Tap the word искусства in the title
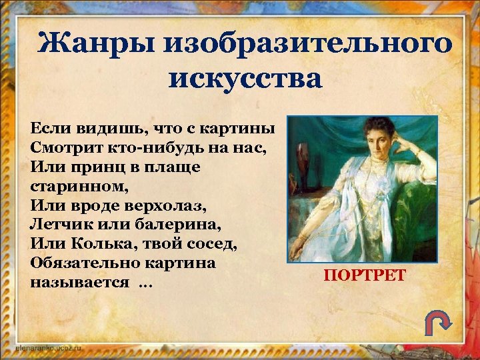(245, 79)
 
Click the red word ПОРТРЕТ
(364, 275)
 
